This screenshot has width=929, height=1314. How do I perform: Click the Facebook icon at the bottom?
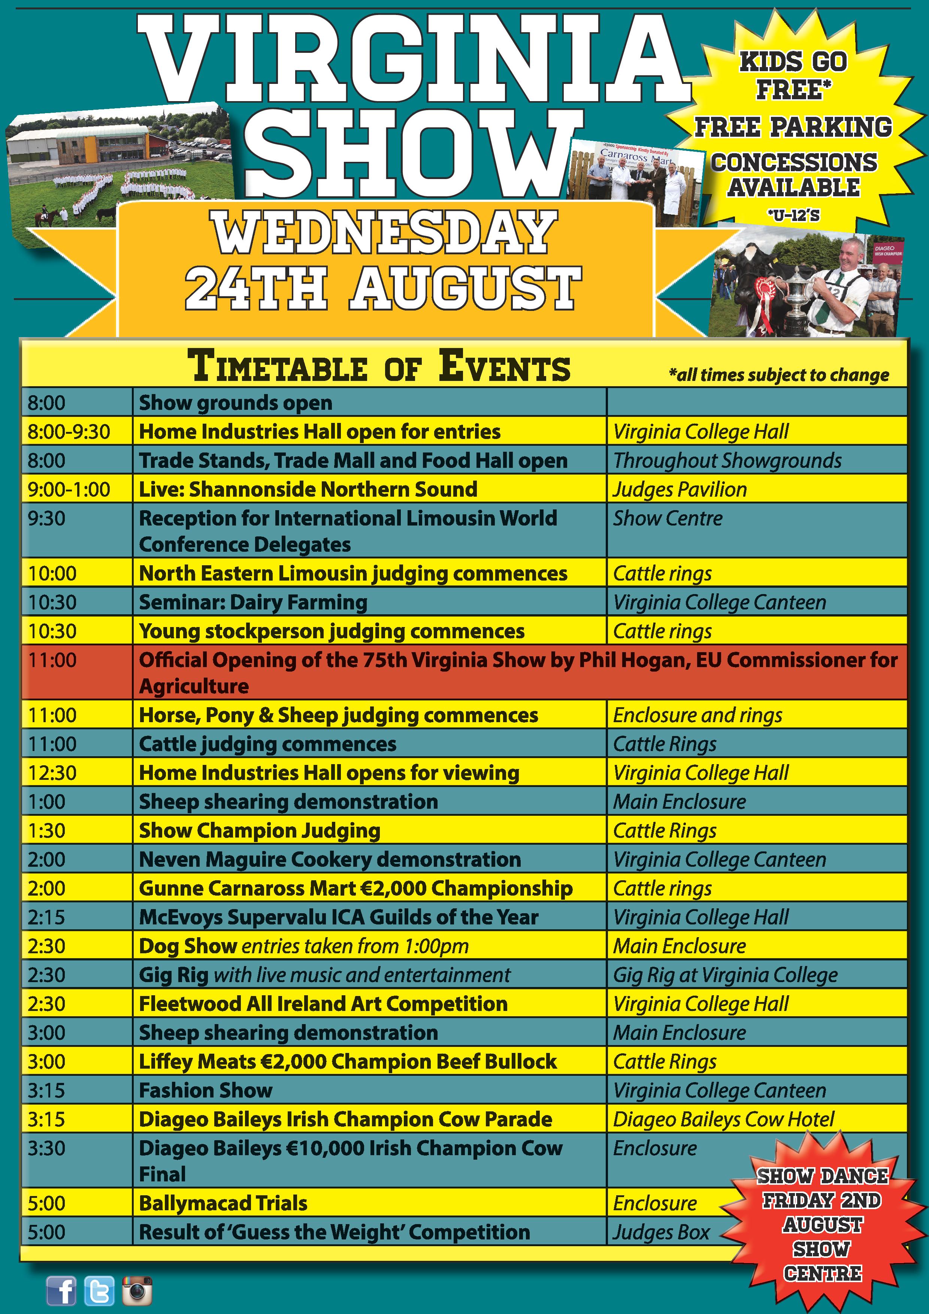61,1290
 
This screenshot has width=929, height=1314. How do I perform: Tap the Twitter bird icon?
99,1290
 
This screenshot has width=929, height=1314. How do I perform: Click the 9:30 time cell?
46,518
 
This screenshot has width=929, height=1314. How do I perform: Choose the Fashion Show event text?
206,1090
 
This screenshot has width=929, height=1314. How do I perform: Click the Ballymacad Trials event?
223,1203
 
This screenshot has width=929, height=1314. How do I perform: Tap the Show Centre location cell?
668,518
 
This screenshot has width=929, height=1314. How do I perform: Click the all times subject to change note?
778,375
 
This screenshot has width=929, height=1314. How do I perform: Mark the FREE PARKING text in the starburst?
793,127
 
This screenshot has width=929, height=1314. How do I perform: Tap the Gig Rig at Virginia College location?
725,975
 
